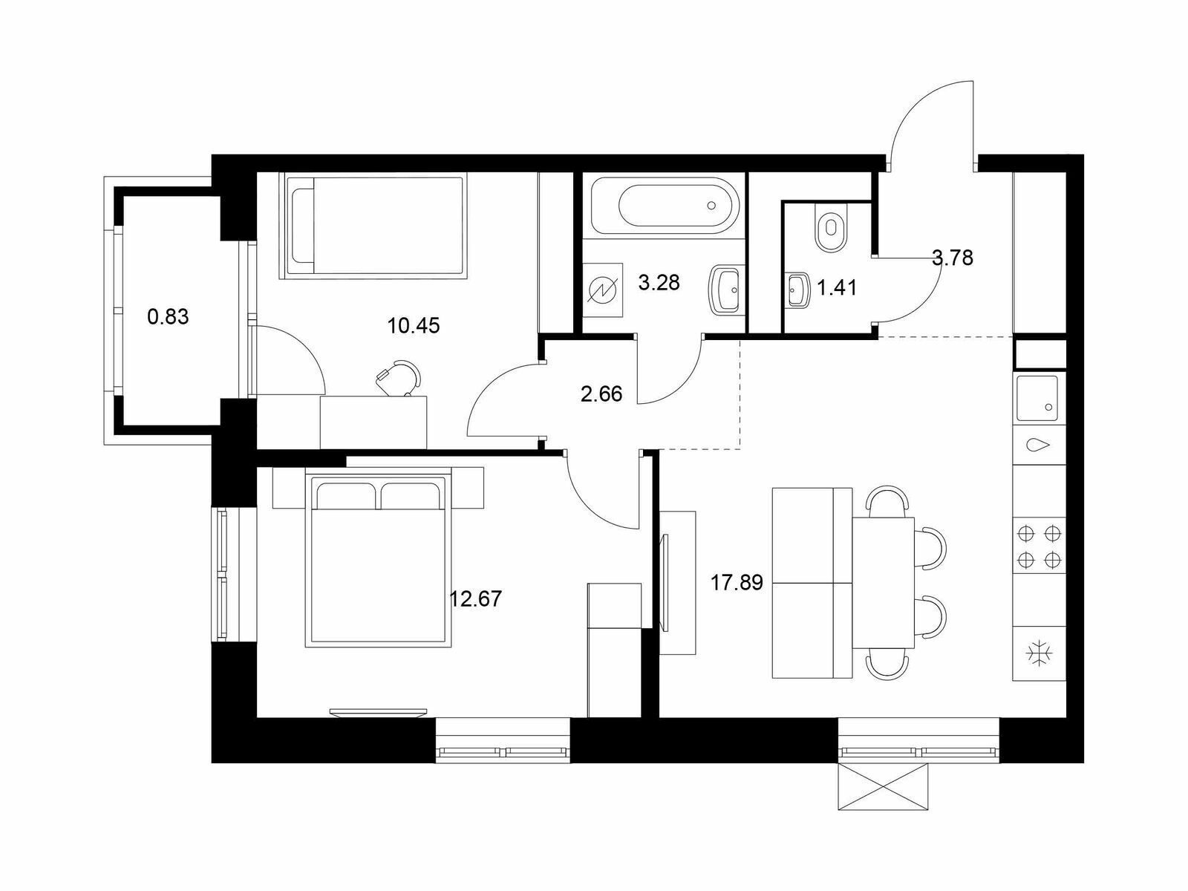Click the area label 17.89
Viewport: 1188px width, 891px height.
737,583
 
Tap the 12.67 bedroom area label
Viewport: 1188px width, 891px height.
476,599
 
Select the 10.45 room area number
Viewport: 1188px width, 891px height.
414,326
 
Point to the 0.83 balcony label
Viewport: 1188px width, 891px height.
168,316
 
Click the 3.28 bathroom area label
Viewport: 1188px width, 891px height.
659,282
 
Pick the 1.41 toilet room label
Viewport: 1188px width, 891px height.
837,288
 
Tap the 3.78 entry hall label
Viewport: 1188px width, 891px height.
953,258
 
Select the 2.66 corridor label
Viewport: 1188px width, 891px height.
601,394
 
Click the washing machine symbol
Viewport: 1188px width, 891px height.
603,290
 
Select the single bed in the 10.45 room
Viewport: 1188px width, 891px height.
373,226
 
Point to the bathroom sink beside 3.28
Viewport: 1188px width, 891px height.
724,289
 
